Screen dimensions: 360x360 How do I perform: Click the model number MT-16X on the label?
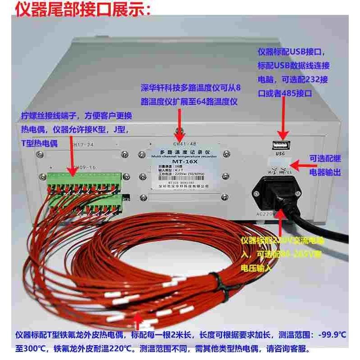coord(180,162)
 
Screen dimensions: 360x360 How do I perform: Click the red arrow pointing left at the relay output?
coord(297,159)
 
